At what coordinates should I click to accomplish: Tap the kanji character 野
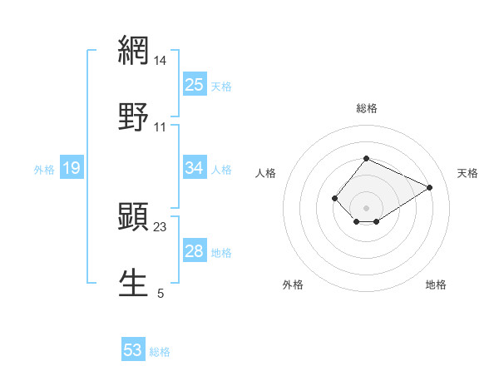click(133, 117)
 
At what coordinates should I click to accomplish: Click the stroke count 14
click(161, 61)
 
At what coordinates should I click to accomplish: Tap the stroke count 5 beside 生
click(161, 294)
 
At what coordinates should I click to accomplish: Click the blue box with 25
click(195, 84)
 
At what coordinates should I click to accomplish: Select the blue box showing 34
click(195, 168)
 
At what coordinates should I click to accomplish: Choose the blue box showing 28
click(195, 251)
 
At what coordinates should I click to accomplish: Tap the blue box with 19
click(72, 168)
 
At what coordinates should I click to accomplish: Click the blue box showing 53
click(133, 350)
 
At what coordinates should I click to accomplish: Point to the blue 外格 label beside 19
click(44, 169)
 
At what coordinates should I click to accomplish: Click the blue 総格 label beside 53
click(160, 352)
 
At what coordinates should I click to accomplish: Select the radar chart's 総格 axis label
click(367, 108)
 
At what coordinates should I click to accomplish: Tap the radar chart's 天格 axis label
click(467, 173)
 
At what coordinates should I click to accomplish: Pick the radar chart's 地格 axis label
click(436, 285)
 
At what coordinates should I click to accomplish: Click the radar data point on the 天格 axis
click(430, 187)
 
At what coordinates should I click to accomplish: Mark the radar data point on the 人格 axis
click(334, 198)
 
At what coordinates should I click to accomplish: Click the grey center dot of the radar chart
click(367, 208)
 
